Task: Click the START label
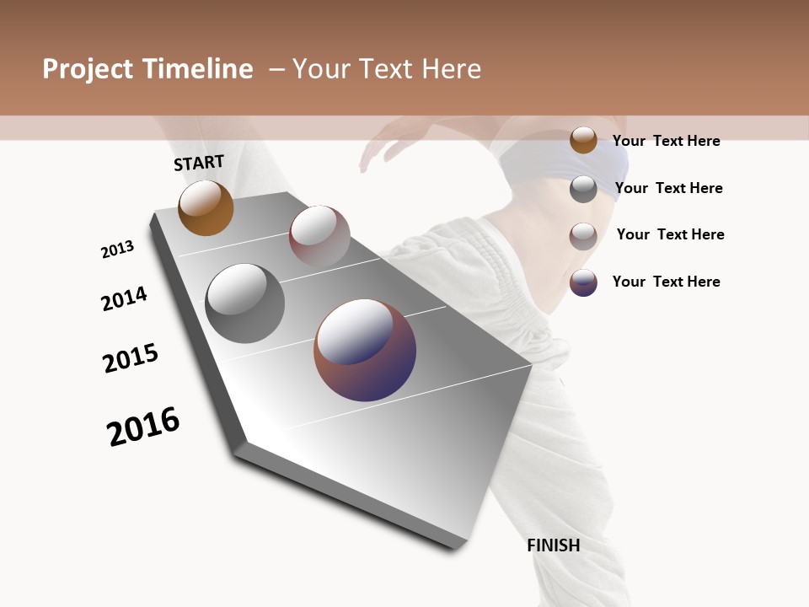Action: coord(199,163)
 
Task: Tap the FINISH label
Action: coord(553,545)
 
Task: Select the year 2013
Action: coord(117,250)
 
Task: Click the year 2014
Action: coord(124,298)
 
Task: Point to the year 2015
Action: coord(131,358)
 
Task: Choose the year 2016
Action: coord(143,427)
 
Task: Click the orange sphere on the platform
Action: coord(206,208)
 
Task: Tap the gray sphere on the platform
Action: coord(244,303)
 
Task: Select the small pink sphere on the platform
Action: coord(319,235)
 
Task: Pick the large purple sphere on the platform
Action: coord(365,350)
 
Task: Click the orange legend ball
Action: coord(583,140)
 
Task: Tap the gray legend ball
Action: coord(583,189)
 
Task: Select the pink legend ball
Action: coord(583,235)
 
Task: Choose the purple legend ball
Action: coord(583,282)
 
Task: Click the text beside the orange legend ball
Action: coord(666,141)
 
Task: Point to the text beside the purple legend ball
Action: coord(666,282)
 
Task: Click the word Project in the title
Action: coord(88,69)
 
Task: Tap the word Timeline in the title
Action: coord(198,69)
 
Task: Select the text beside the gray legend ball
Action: coord(668,188)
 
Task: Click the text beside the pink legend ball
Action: coord(670,234)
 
